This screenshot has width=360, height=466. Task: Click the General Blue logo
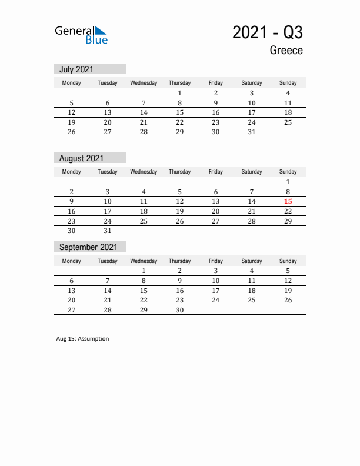[81, 35]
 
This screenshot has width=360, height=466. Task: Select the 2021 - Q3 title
[268, 32]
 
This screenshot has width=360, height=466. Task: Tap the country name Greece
[286, 51]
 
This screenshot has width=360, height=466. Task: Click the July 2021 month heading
[76, 69]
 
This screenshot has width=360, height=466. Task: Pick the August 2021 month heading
[81, 158]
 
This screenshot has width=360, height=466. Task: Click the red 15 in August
[288, 201]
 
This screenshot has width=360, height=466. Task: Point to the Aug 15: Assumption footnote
[82, 339]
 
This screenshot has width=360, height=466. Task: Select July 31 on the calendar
[252, 132]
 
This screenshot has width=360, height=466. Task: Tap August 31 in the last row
[108, 231]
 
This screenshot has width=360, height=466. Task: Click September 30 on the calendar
[179, 310]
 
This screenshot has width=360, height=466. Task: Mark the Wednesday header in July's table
[144, 83]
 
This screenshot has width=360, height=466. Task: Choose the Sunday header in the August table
[288, 172]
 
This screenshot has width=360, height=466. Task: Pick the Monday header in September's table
[72, 261]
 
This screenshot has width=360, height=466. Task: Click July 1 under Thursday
[179, 93]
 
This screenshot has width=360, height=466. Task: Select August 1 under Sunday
[288, 182]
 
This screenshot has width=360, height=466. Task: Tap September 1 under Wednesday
[144, 271]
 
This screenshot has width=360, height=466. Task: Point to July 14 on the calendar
[144, 112]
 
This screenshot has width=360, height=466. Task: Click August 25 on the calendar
[144, 221]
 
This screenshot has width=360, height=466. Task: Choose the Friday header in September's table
[215, 261]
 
